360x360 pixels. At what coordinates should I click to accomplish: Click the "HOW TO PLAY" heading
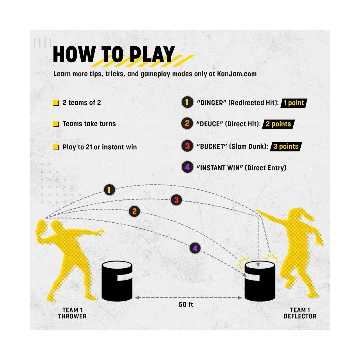pyautogui.click(x=114, y=54)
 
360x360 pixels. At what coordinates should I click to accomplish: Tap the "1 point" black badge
pyautogui.click(x=294, y=103)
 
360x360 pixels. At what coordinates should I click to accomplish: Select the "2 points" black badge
pyautogui.click(x=278, y=124)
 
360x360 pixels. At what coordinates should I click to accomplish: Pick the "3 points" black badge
pyautogui.click(x=286, y=146)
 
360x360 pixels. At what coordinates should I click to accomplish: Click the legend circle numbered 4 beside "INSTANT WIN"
pyautogui.click(x=187, y=167)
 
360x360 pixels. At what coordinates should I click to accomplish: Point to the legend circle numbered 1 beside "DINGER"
pyautogui.click(x=187, y=102)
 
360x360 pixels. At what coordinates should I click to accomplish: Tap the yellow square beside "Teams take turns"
pyautogui.click(x=56, y=124)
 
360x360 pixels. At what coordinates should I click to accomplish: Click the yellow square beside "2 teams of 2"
pyautogui.click(x=56, y=103)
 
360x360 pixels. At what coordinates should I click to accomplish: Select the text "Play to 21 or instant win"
pyautogui.click(x=100, y=147)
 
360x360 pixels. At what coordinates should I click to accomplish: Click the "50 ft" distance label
pyautogui.click(x=186, y=304)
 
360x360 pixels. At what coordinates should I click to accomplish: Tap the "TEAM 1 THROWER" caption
pyautogui.click(x=72, y=313)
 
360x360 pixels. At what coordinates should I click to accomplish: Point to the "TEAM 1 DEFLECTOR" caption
pyautogui.click(x=300, y=313)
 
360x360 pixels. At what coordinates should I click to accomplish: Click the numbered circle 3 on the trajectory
pyautogui.click(x=176, y=200)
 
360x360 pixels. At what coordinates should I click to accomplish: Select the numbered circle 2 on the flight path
pyautogui.click(x=135, y=211)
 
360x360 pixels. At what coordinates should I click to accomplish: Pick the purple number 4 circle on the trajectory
pyautogui.click(x=195, y=248)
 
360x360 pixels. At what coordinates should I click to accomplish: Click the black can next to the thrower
pyautogui.click(x=117, y=281)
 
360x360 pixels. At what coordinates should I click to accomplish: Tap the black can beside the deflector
pyautogui.click(x=260, y=281)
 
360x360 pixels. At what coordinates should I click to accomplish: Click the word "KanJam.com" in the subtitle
pyautogui.click(x=237, y=74)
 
